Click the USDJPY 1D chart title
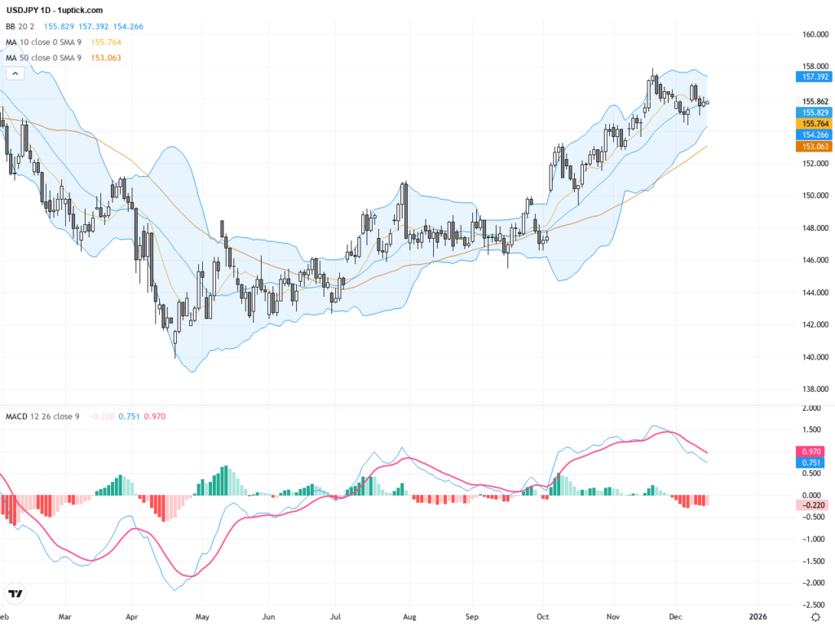coord(54,10)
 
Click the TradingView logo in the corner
coord(15,593)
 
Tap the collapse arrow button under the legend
coord(15,73)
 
